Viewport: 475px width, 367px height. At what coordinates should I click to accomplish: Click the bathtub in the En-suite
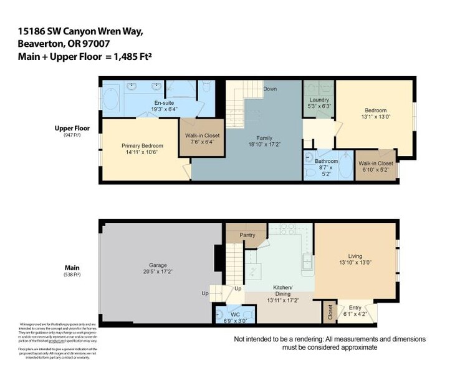(111, 99)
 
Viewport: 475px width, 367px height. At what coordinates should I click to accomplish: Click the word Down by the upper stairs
(270, 89)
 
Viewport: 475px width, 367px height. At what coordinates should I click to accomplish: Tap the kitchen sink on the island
(307, 262)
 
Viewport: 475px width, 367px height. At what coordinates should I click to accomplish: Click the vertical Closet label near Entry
(330, 313)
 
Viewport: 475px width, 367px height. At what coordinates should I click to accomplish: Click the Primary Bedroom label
(140, 145)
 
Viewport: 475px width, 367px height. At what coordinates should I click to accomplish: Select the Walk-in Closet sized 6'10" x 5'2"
(376, 166)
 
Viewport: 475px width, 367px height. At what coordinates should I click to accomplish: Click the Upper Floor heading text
(73, 129)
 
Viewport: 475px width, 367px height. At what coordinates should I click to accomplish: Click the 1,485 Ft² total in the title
(132, 56)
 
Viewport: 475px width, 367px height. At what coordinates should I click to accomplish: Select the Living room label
(355, 256)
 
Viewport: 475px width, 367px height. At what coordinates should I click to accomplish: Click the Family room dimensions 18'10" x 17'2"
(264, 144)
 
